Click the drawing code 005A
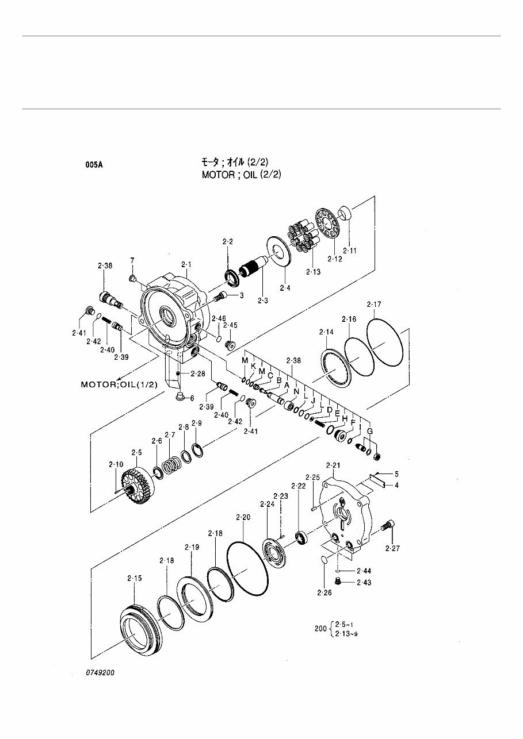[x=95, y=165]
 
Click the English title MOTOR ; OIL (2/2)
[x=241, y=175]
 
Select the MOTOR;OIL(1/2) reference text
[x=119, y=384]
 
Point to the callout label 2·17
[x=374, y=305]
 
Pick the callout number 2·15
[x=133, y=578]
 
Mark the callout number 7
[x=132, y=261]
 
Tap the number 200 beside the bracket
[x=320, y=629]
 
